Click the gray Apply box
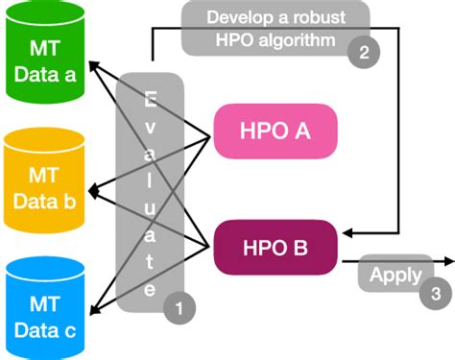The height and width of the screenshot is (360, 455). pos(395,276)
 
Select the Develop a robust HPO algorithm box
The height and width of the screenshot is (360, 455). pos(276,29)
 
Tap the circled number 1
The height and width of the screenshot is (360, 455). pos(180,307)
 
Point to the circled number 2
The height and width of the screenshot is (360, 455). pos(363,54)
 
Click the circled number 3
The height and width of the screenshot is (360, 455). pos(433,294)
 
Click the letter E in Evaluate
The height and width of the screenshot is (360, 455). pos(151,98)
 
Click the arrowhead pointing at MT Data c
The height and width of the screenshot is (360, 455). pos(92,309)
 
